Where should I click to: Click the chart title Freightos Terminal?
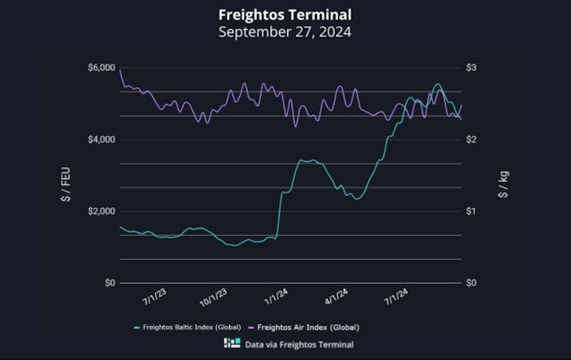[285, 14]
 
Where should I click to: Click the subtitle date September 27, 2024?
[285, 31]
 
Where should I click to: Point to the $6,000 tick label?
[102, 68]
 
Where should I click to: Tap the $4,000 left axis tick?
[102, 140]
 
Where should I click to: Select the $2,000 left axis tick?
[102, 212]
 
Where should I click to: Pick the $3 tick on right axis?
[472, 68]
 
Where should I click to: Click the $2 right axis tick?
[472, 140]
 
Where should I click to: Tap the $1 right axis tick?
[472, 212]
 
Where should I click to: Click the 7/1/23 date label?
[154, 298]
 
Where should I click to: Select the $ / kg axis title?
[503, 184]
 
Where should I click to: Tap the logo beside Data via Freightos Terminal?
[232, 344]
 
